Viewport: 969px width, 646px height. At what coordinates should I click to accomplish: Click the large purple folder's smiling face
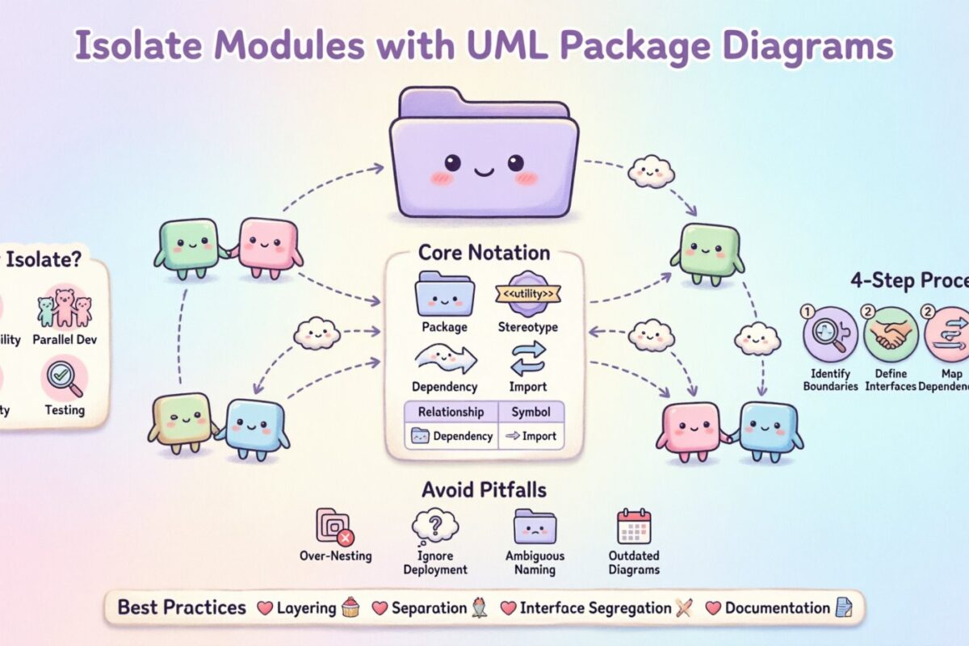483,167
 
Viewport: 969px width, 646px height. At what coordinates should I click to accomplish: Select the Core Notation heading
484,253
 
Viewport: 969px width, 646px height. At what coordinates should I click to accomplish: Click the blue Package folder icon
444,295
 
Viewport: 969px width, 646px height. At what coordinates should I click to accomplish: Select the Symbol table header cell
531,412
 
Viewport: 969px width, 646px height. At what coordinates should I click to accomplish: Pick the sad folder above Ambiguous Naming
535,526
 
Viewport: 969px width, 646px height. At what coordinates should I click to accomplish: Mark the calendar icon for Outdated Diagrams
634,526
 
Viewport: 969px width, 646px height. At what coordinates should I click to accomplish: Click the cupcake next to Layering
349,608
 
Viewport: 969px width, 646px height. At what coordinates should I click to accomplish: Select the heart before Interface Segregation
508,608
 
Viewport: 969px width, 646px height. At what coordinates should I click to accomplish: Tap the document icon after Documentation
842,608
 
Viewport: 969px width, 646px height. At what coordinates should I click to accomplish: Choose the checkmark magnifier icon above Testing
65,377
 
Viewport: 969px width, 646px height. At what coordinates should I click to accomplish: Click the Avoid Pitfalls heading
483,489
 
